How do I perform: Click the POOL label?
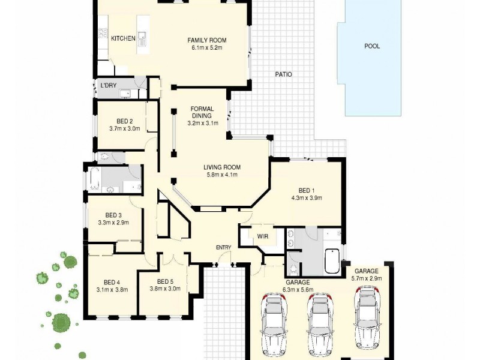(372, 46)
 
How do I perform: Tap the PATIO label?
(283, 75)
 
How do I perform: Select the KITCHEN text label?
(123, 38)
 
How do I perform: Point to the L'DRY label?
(108, 86)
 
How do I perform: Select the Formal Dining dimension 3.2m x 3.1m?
(202, 122)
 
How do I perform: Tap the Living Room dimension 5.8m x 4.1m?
(221, 175)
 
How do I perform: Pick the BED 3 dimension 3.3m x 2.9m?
(113, 223)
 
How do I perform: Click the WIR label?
(262, 236)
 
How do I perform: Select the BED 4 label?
(112, 283)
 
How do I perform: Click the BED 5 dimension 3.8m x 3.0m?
(164, 289)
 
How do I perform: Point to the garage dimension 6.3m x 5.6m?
(298, 290)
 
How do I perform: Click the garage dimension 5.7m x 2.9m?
(366, 278)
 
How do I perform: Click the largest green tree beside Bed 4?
(61, 322)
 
